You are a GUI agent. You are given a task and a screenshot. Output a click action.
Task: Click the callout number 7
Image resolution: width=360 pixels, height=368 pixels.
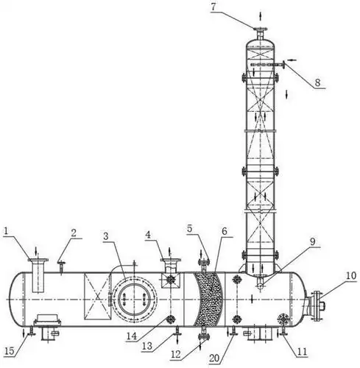(213, 7)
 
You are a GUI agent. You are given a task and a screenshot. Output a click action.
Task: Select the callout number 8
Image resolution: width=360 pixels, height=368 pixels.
(317, 82)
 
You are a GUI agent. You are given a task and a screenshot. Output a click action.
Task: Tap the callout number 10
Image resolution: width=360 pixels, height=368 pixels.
(351, 276)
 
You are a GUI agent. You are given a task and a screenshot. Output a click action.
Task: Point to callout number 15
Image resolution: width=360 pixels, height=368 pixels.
(10, 351)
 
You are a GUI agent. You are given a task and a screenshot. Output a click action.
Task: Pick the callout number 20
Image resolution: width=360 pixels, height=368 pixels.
(214, 358)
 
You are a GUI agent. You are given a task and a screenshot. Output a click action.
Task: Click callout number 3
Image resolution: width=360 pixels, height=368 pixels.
(106, 236)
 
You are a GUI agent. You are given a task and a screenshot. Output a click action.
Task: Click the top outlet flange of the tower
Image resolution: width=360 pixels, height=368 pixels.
(260, 30)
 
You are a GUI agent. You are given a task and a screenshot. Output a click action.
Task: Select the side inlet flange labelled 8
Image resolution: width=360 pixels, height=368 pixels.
(284, 64)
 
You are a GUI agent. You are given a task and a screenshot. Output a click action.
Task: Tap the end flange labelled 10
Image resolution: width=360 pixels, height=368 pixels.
(317, 306)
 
